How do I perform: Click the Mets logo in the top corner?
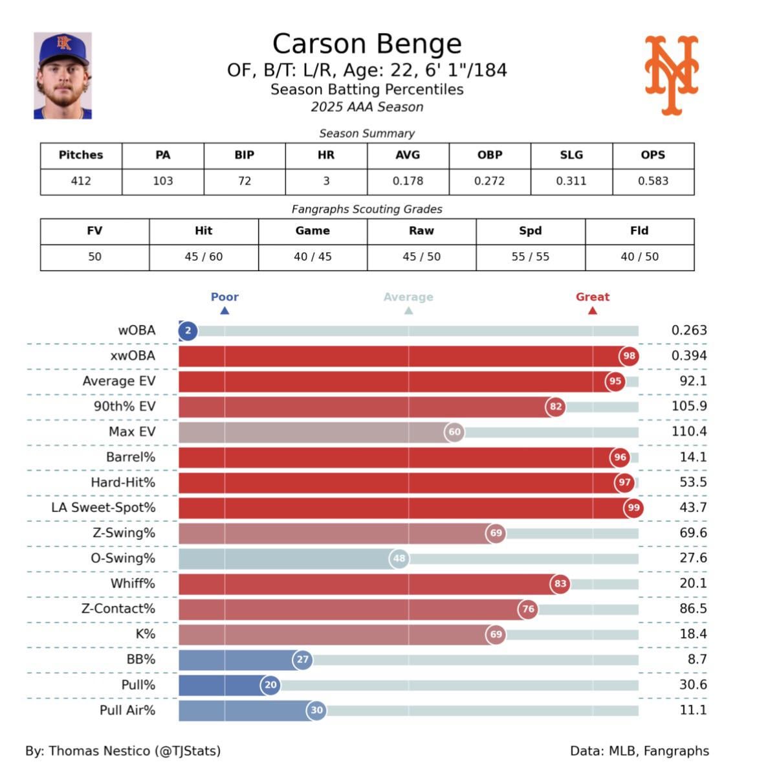point(672,75)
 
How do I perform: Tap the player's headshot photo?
point(63,76)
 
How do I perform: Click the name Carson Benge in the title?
point(367,44)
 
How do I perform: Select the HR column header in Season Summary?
point(326,155)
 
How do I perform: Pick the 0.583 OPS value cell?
point(653,181)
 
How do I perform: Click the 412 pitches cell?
point(81,181)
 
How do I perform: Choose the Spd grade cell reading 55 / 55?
point(530,257)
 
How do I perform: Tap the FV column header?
point(94,231)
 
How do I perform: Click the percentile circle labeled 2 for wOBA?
point(188,331)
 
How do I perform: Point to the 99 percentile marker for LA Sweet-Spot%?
point(633,508)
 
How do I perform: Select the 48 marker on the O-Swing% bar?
point(399,558)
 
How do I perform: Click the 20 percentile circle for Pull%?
point(270,685)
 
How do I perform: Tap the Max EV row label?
point(132,432)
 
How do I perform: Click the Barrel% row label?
point(131,457)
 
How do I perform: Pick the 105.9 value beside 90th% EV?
point(689,407)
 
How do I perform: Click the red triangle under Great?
point(592,311)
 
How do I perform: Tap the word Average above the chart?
point(408,297)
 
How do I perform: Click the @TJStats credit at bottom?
point(188,751)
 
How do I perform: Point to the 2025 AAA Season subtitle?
point(367,107)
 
